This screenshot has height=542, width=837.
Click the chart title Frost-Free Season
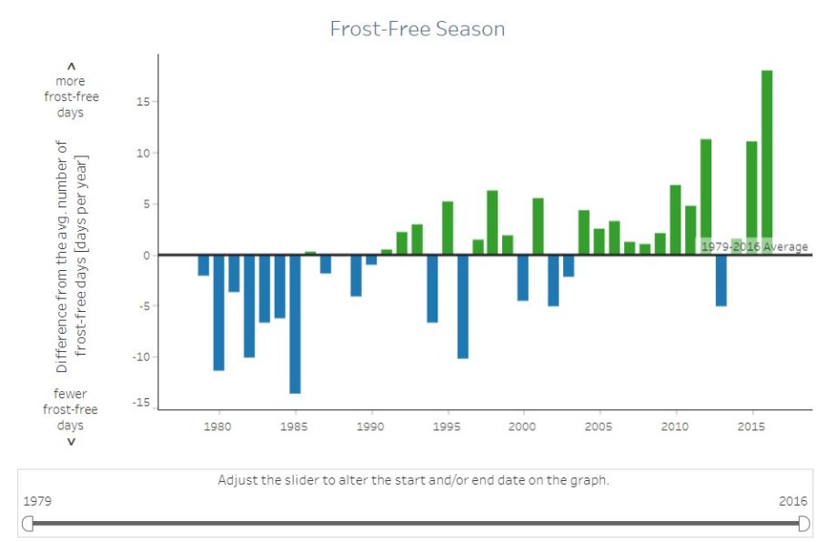point(418,29)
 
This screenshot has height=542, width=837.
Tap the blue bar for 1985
point(295,324)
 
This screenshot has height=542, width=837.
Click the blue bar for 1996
point(462,306)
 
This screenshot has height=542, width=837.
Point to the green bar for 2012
point(706,196)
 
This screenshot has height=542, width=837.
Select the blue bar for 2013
point(721,280)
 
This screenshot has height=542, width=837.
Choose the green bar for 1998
point(492,222)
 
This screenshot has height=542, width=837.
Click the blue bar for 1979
point(203,265)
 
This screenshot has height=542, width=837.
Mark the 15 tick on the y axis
point(142,101)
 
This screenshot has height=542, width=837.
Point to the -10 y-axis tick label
point(139,357)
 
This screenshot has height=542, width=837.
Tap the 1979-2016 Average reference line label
point(753,247)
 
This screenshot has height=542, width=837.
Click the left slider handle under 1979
point(28,523)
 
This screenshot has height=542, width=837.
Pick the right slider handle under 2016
point(803,523)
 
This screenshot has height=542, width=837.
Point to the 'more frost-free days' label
point(71,96)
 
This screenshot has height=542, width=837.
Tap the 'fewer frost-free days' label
point(71,409)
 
